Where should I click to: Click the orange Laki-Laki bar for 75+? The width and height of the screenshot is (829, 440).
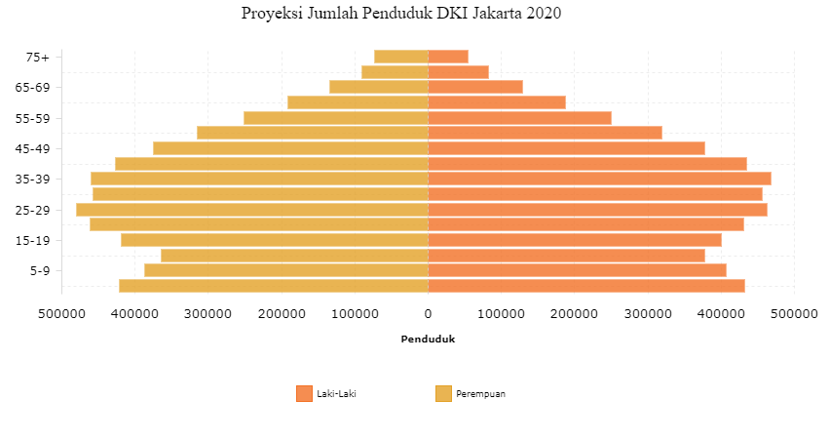[448, 57]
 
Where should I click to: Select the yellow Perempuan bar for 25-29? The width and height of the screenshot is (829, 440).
[252, 210]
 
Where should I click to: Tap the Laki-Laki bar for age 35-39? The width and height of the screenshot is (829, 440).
[599, 179]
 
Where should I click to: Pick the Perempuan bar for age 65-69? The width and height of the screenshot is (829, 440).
[379, 87]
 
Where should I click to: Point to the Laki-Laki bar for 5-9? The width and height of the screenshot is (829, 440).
[578, 270]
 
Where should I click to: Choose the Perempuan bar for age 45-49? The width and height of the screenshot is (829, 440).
[291, 148]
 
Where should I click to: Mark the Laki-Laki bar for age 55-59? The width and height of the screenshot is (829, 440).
[520, 118]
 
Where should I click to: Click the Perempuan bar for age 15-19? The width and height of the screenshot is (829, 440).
[275, 240]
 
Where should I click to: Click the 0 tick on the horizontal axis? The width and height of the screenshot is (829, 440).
[429, 314]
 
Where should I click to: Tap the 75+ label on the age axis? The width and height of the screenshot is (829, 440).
[38, 58]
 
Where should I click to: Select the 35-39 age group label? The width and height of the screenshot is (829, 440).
[32, 180]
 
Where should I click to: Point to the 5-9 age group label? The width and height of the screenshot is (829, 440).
[40, 271]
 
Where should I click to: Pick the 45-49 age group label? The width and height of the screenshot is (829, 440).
[32, 149]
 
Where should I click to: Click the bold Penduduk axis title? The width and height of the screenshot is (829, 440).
[428, 340]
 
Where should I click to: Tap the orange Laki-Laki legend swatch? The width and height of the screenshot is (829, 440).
[304, 394]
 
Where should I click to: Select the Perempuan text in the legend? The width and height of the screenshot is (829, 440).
[480, 394]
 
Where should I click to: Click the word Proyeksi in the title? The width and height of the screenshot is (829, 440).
[272, 13]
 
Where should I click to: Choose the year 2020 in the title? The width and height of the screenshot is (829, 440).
[544, 13]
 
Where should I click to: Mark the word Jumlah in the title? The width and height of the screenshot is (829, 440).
[332, 13]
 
